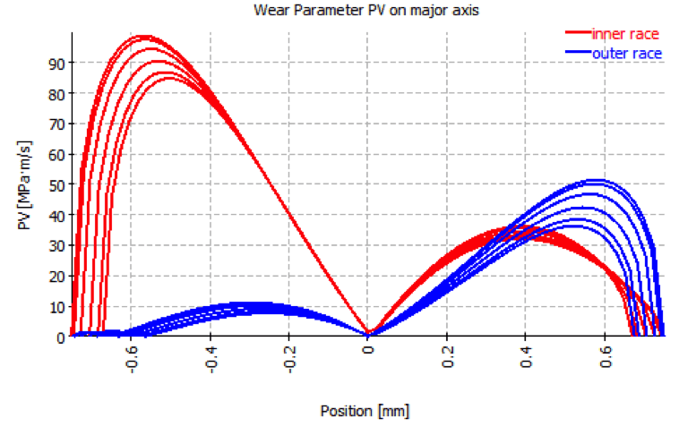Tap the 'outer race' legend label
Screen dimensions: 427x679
(x=626, y=54)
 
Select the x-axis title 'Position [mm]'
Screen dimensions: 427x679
(x=365, y=411)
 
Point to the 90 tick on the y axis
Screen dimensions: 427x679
(x=56, y=63)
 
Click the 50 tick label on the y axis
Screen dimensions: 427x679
(x=56, y=184)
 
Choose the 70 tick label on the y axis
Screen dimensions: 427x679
(x=56, y=124)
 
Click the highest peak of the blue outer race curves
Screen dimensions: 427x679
(x=593, y=180)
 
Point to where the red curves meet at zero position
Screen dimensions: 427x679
(x=368, y=334)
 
